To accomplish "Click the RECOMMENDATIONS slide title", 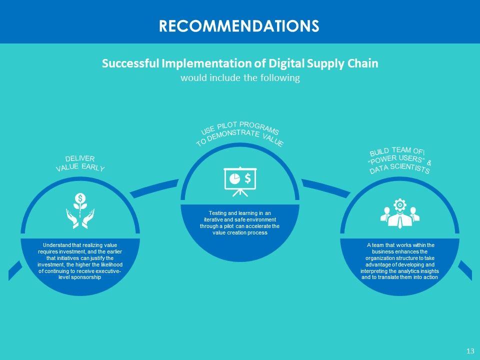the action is [x=239, y=25].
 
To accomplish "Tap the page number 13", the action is [x=469, y=351].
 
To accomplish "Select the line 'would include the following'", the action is [x=240, y=78].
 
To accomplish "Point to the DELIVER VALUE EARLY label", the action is [x=80, y=163].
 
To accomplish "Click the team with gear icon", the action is [x=399, y=214].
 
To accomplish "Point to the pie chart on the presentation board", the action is [x=234, y=177].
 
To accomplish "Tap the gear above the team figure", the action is [x=399, y=204].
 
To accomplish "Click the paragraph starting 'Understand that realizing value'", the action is [x=80, y=261].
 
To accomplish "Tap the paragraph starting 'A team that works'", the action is [x=399, y=261].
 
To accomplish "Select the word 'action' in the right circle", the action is [x=430, y=277].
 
